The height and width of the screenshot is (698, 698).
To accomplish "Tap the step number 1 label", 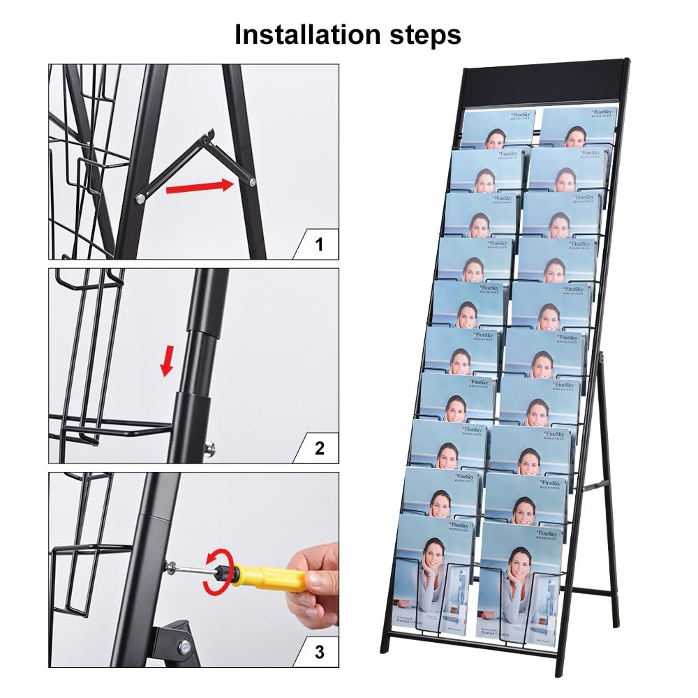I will (x=319, y=244).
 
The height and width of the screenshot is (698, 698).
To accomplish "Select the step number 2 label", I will (x=319, y=448).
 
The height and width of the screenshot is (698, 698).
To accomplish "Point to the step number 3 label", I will (x=319, y=652).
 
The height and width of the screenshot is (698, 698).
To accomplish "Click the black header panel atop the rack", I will (x=544, y=84).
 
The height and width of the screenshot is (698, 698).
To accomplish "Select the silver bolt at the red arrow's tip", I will (x=251, y=182).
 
